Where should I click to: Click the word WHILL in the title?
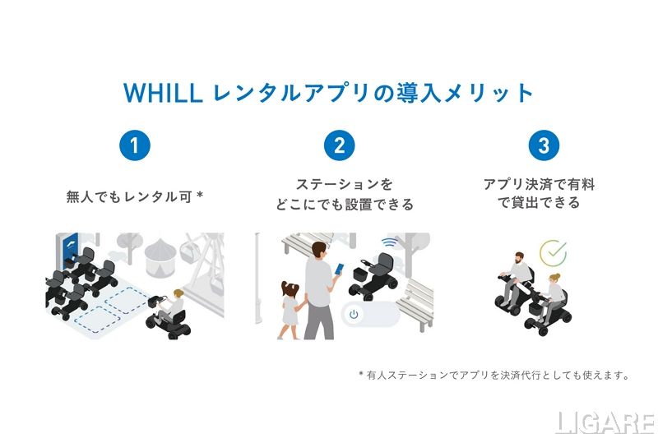pyautogui.click(x=163, y=93)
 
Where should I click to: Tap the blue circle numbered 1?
pyautogui.click(x=135, y=145)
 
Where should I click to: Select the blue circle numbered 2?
pyautogui.click(x=339, y=145)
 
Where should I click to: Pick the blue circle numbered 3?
pyautogui.click(x=544, y=145)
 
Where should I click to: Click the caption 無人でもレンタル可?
pyautogui.click(x=130, y=196)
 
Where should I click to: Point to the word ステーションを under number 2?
pyautogui.click(x=344, y=184)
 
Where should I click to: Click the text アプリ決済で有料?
pyautogui.click(x=539, y=184)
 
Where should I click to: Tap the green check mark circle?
pyautogui.click(x=553, y=253)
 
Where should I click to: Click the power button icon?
pyautogui.click(x=354, y=314)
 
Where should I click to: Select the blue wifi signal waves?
pyautogui.click(x=389, y=242)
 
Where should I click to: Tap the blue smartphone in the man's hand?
pyautogui.click(x=339, y=269)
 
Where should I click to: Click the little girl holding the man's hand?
pyautogui.click(x=289, y=309)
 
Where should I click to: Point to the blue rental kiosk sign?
pyautogui.click(x=69, y=251)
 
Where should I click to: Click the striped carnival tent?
pyautogui.click(x=160, y=257)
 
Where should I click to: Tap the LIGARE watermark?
pyautogui.click(x=605, y=423)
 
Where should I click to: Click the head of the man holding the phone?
pyautogui.click(x=318, y=251)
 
